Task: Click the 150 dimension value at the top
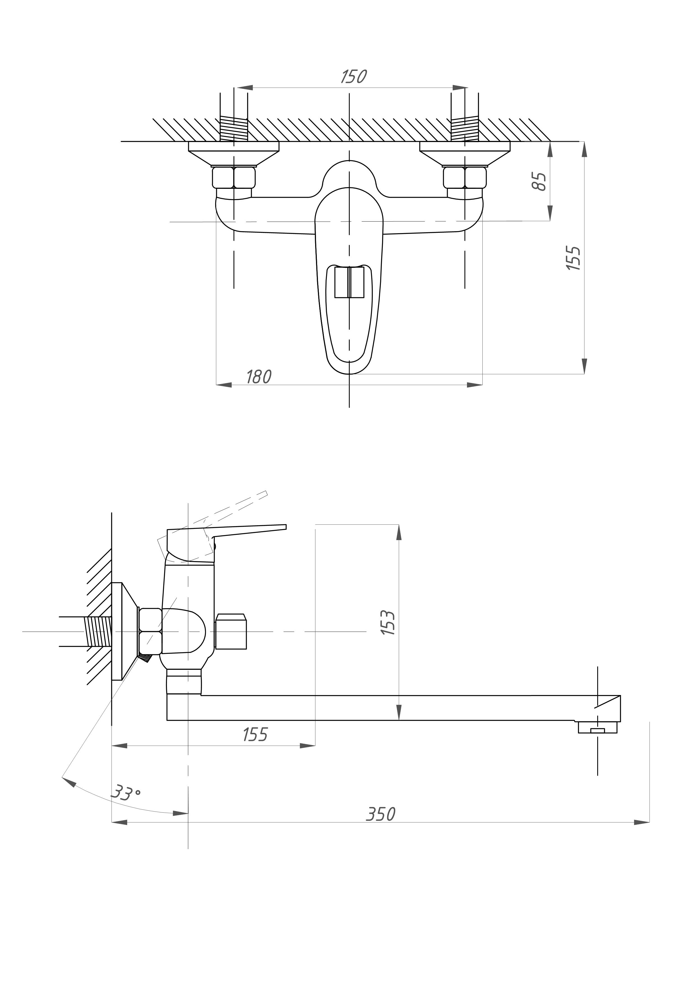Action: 354,77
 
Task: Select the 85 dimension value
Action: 539,182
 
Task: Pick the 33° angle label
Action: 125,792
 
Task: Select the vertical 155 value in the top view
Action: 574,257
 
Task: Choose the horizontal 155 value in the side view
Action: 255,734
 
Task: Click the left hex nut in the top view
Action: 234,178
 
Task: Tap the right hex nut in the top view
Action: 465,178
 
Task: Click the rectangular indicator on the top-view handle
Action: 349,282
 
